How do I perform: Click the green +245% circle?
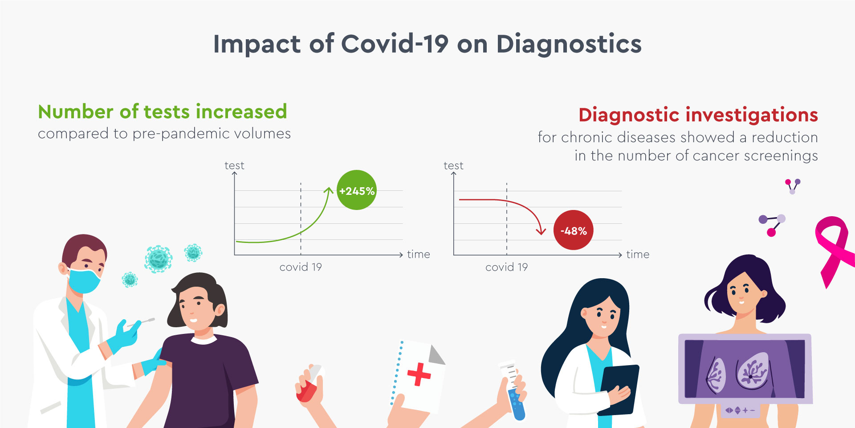(x=357, y=190)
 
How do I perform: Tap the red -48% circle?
(x=574, y=230)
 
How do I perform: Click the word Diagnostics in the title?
(x=569, y=44)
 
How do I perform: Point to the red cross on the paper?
(x=419, y=374)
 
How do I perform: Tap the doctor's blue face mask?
(x=85, y=280)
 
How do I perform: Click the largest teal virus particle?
(x=158, y=259)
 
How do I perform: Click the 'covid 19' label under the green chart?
(x=301, y=267)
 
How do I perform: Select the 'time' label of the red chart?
(x=638, y=255)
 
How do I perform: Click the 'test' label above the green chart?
(x=234, y=166)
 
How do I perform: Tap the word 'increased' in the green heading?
(x=241, y=111)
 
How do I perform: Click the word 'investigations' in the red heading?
(x=752, y=115)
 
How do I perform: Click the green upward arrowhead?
(x=329, y=191)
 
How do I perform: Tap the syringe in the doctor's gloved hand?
(x=142, y=322)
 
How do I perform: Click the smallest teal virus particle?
(x=130, y=280)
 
